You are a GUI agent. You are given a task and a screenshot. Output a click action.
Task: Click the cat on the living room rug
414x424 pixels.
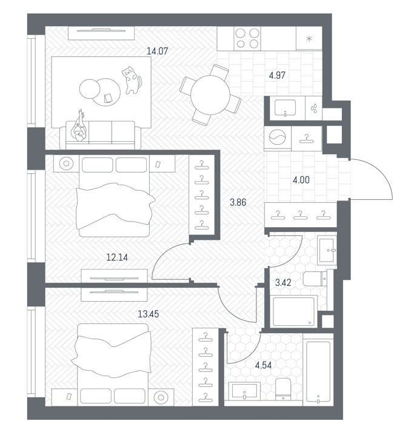(132, 80)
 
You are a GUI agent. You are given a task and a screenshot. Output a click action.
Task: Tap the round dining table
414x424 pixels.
(210, 95)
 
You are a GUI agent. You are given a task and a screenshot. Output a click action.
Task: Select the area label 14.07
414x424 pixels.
(157, 51)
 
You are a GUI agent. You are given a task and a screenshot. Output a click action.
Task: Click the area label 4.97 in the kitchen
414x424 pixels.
(277, 75)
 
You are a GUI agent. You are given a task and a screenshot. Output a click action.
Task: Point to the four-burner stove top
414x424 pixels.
(247, 38)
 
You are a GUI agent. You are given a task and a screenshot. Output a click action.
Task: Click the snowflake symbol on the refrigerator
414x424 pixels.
(309, 39)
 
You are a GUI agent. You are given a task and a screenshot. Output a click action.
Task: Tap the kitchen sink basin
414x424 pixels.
(285, 108)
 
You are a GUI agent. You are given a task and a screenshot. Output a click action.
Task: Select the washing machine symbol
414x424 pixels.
(278, 137)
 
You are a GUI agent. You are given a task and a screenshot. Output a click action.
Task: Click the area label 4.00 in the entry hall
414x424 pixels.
(301, 180)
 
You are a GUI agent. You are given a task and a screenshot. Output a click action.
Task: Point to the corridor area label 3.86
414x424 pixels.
(238, 202)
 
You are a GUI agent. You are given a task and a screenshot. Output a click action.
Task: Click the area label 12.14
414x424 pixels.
(117, 257)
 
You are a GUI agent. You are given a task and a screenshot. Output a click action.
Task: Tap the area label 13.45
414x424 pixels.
(149, 314)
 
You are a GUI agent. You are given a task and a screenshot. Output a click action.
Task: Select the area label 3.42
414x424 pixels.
(283, 283)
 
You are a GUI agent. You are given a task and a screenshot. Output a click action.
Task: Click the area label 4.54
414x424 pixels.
(263, 365)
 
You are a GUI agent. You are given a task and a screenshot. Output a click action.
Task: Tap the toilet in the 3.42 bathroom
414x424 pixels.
(315, 279)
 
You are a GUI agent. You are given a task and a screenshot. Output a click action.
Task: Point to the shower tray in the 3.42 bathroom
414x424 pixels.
(293, 311)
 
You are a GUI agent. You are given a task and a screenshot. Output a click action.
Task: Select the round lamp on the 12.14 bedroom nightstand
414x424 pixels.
(66, 164)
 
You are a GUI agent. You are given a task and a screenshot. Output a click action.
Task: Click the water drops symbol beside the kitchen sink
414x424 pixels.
(314, 108)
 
